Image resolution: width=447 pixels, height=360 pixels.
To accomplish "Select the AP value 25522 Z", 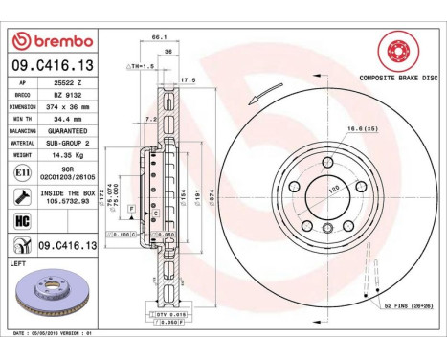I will [x=67, y=83].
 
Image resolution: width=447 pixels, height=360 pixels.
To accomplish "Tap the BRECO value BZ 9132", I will [x=67, y=95].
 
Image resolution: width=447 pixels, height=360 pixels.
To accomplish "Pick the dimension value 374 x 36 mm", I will [x=67, y=106].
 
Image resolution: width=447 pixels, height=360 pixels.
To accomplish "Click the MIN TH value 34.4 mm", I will [x=67, y=118].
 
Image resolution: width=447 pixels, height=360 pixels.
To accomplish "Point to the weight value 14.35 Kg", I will [x=67, y=152].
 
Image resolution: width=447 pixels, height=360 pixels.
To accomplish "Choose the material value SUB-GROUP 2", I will [x=67, y=141].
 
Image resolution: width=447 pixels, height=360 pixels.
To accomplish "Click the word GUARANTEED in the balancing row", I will [x=67, y=129].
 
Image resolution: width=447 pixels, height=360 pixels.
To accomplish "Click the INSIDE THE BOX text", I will [x=67, y=193].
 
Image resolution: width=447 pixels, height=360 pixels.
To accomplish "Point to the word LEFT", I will [x=17, y=261].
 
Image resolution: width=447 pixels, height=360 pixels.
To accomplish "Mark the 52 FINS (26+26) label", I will [x=409, y=305].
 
